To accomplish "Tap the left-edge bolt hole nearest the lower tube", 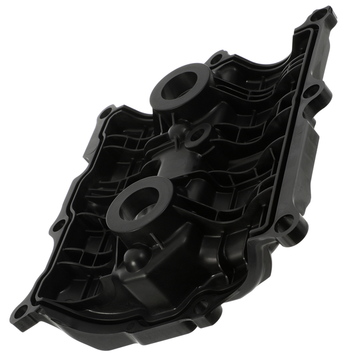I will point(57,227).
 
